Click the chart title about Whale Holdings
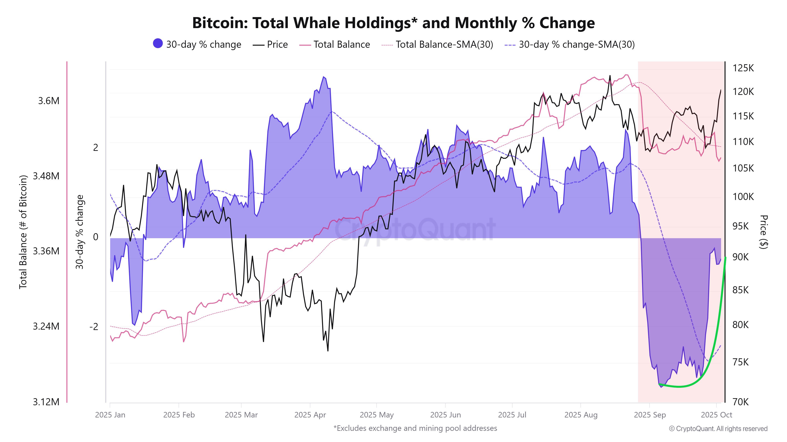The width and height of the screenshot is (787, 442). click(x=393, y=23)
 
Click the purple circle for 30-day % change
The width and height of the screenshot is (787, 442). click(x=158, y=44)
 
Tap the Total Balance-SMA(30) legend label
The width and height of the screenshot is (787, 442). click(x=444, y=45)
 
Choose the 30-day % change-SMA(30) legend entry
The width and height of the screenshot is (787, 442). click(x=576, y=45)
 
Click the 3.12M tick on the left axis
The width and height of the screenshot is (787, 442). click(x=46, y=402)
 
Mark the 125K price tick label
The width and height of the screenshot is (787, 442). click(x=743, y=68)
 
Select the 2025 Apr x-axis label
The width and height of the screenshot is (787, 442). click(x=310, y=415)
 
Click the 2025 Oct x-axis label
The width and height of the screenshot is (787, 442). click(x=716, y=415)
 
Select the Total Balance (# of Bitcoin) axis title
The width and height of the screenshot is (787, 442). click(x=23, y=232)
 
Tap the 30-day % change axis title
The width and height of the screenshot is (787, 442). click(x=79, y=232)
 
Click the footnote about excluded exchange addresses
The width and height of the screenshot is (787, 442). click(x=415, y=428)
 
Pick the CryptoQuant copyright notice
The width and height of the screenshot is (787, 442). click(x=718, y=429)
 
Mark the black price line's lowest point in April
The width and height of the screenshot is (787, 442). click(x=328, y=351)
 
